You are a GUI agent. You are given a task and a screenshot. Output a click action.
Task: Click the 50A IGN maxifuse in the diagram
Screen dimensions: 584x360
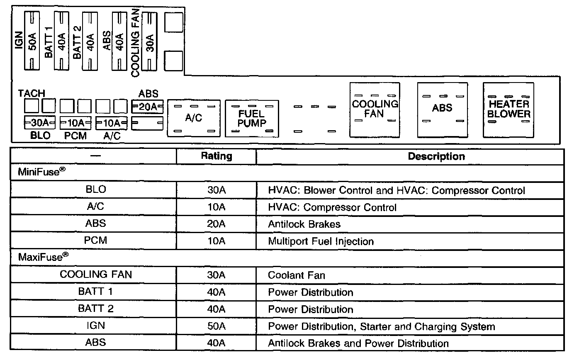click(32, 41)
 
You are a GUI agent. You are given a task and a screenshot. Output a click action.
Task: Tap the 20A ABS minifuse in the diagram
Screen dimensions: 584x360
click(147, 107)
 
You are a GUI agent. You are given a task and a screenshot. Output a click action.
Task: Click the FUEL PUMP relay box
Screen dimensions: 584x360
click(252, 118)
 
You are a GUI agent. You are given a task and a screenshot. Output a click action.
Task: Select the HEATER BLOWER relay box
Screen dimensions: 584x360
click(509, 109)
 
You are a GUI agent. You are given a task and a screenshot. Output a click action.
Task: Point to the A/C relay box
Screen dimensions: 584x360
click(194, 118)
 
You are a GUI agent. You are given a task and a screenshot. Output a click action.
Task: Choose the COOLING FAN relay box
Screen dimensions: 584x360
click(375, 109)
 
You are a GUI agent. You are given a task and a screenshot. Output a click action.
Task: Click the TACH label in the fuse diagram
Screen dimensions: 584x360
click(32, 94)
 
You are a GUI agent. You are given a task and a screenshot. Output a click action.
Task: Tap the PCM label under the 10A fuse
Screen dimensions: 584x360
click(75, 136)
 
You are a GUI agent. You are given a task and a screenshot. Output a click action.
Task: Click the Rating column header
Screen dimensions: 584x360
click(216, 156)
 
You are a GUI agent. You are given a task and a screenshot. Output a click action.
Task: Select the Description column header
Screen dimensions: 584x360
click(436, 156)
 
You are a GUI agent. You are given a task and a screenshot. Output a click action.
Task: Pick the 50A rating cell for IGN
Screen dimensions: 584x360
click(216, 326)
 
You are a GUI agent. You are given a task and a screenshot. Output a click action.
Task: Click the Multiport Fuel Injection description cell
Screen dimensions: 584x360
click(321, 241)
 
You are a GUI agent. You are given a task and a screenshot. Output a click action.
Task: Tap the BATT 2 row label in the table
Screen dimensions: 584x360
click(95, 309)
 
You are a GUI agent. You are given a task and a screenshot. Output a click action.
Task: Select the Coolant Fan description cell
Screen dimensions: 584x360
click(296, 275)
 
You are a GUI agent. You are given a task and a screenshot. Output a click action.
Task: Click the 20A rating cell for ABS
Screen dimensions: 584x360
click(216, 224)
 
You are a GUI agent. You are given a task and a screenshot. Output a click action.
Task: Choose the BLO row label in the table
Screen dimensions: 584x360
click(95, 190)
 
